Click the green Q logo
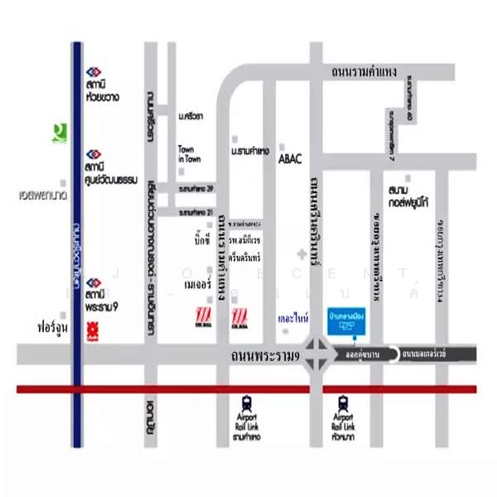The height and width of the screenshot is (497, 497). coord(56,132)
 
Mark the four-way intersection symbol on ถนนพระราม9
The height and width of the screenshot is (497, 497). coord(318,354)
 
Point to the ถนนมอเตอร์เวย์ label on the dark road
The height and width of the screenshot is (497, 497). coord(424,354)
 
